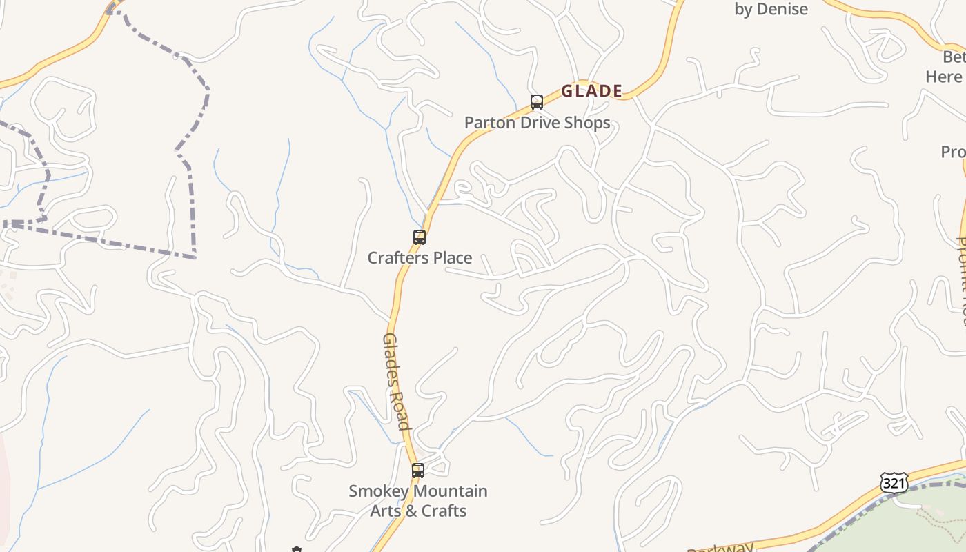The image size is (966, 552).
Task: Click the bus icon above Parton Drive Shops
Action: (x=537, y=102)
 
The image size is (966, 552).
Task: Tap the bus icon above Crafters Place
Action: (x=419, y=237)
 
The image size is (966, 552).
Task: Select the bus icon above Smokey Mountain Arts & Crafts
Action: (x=418, y=471)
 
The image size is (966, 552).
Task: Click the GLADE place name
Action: (x=591, y=91)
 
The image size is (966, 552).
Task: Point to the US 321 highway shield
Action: (x=894, y=483)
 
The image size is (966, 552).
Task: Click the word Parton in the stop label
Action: (x=486, y=123)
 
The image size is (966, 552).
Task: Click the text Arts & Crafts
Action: (x=418, y=511)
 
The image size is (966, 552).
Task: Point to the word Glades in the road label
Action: (x=391, y=359)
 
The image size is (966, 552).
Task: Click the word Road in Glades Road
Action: (x=401, y=410)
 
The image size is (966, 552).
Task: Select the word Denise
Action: (x=782, y=9)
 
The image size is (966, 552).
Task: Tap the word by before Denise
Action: (x=743, y=9)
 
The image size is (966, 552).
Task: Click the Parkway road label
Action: (x=721, y=547)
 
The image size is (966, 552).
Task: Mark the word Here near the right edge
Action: (x=943, y=76)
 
